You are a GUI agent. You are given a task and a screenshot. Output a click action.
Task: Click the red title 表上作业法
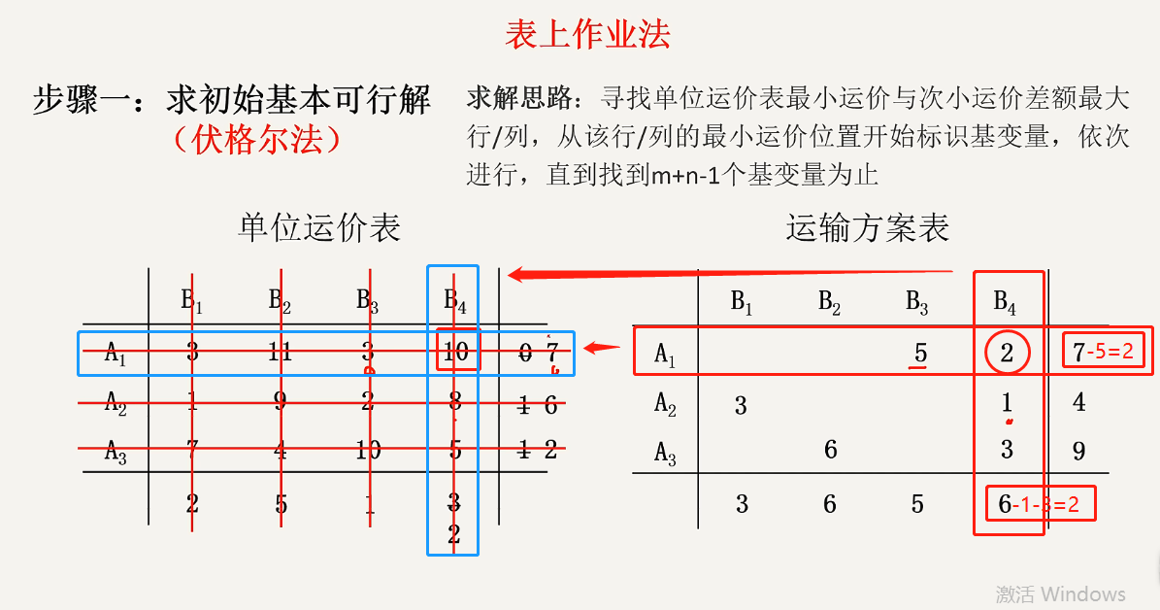[x=587, y=35]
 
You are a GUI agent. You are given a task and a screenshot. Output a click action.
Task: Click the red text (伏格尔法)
[x=257, y=140]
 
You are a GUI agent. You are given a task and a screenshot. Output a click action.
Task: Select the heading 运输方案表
[x=867, y=227]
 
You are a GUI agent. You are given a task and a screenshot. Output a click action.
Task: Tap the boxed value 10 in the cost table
[x=455, y=352]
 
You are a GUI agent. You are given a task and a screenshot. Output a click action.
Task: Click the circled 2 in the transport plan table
[x=1007, y=353]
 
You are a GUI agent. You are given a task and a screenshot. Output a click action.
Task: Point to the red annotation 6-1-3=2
[x=1040, y=504]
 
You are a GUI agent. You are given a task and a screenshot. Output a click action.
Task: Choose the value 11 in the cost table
[x=281, y=352]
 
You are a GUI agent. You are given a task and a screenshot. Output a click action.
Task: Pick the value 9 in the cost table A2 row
[x=281, y=402]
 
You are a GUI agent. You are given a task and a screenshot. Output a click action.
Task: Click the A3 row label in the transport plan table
[x=665, y=453]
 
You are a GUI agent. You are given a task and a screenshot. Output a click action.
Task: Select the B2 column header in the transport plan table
[x=829, y=302]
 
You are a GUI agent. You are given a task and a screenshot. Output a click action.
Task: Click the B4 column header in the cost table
[x=455, y=302]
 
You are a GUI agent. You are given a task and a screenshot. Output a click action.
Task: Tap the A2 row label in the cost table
[x=116, y=403]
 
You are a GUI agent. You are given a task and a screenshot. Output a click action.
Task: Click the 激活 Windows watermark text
[x=1060, y=593]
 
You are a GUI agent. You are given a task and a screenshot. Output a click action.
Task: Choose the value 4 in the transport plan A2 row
[x=1079, y=401]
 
